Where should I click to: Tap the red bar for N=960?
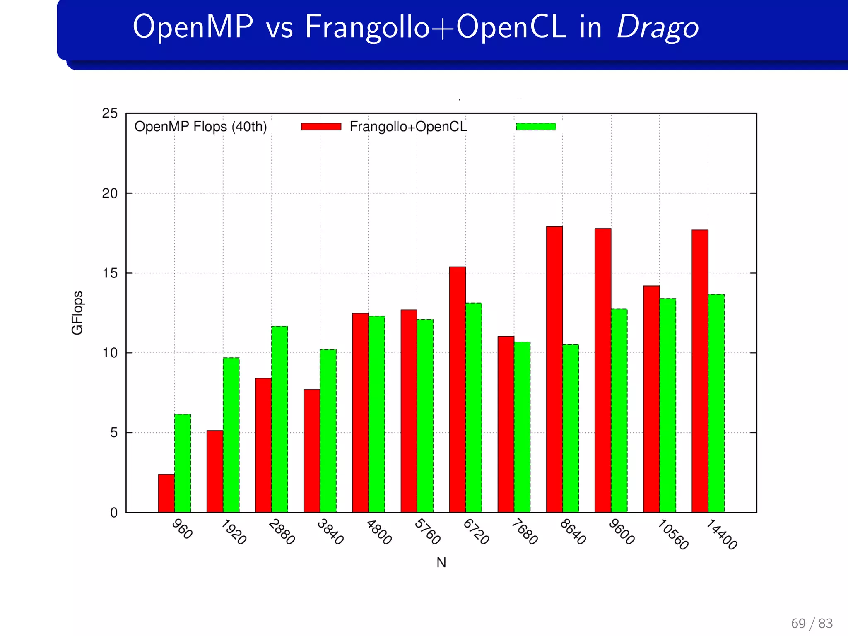click(166, 493)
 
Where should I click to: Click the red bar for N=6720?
click(458, 389)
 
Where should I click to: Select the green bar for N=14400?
click(716, 403)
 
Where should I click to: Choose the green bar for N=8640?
click(571, 428)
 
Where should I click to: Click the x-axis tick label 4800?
click(379, 532)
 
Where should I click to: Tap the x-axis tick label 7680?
click(524, 532)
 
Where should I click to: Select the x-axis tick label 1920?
click(234, 532)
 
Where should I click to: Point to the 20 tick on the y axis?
click(110, 193)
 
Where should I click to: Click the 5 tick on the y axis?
click(114, 433)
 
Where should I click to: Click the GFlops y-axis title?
click(77, 313)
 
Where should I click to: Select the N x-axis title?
click(441, 563)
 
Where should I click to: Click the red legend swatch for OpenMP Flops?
click(321, 127)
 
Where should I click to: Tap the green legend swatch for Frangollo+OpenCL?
click(536, 127)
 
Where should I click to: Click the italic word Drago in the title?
click(658, 27)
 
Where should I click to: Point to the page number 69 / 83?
click(812, 623)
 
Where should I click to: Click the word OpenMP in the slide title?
click(193, 27)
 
